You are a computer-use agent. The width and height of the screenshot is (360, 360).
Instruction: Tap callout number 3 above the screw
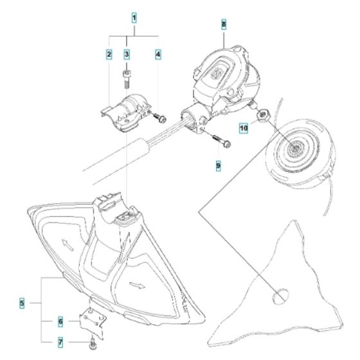(127, 55)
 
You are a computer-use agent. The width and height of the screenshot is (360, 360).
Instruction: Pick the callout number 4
(158, 55)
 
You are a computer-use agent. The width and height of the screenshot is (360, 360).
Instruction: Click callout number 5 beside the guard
(21, 302)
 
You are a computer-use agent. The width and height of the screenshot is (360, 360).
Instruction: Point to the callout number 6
(60, 320)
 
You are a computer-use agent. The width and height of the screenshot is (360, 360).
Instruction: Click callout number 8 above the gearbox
(223, 24)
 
